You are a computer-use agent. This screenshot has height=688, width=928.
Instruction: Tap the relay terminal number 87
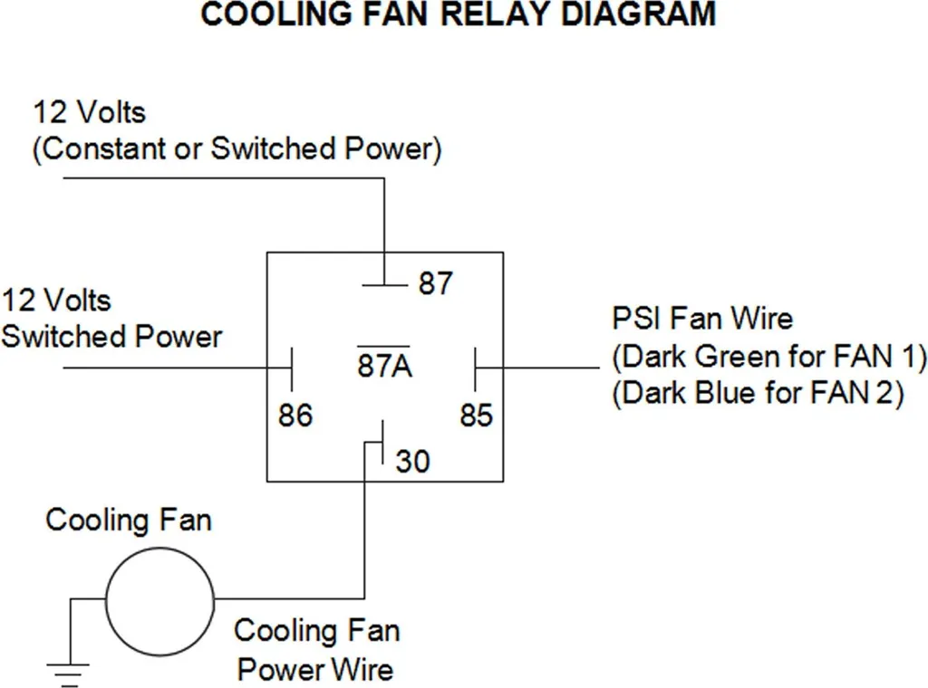click(x=435, y=283)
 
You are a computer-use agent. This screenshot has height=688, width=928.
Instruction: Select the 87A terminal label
click(x=384, y=365)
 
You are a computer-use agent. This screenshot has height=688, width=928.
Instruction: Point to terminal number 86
click(x=295, y=415)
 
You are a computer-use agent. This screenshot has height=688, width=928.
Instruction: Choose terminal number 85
click(x=477, y=415)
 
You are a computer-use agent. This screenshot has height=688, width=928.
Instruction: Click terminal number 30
click(x=412, y=461)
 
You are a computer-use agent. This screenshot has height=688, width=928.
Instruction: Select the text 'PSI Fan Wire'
click(x=702, y=319)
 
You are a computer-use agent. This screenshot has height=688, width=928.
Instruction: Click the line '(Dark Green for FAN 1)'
click(x=768, y=357)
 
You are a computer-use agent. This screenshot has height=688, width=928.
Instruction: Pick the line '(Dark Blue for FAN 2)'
click(x=759, y=393)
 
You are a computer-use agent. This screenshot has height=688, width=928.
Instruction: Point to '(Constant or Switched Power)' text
click(x=237, y=149)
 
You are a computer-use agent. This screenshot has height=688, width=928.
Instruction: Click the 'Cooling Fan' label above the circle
click(x=129, y=521)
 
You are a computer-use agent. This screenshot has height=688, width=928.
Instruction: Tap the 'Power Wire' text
click(x=314, y=670)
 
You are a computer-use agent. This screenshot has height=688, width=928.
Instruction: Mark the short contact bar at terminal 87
click(x=384, y=285)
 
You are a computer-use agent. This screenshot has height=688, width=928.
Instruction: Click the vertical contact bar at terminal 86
click(x=292, y=368)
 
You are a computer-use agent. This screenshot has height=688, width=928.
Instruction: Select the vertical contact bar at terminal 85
click(x=475, y=368)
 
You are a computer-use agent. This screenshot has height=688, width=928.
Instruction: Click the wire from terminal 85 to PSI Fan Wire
click(x=538, y=368)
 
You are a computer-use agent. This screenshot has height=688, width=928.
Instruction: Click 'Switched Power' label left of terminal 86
click(x=111, y=337)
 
